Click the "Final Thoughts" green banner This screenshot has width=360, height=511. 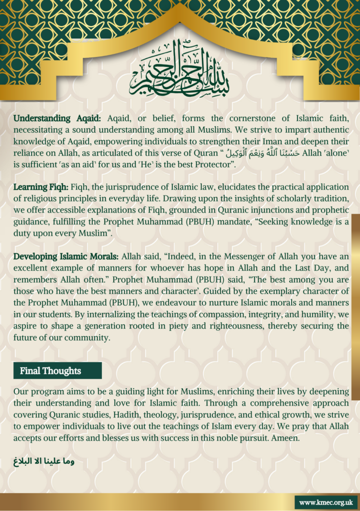point(57,371)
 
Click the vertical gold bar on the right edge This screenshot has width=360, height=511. point(356,307)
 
